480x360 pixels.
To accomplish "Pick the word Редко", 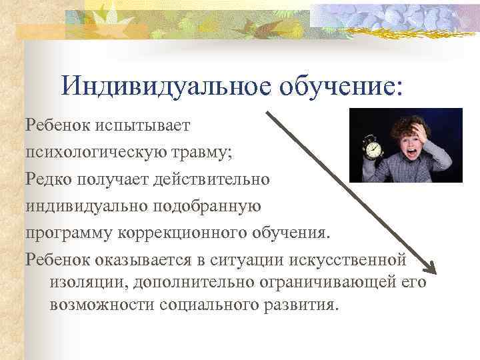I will (x=49, y=179).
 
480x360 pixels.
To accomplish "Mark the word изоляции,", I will (x=88, y=282).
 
